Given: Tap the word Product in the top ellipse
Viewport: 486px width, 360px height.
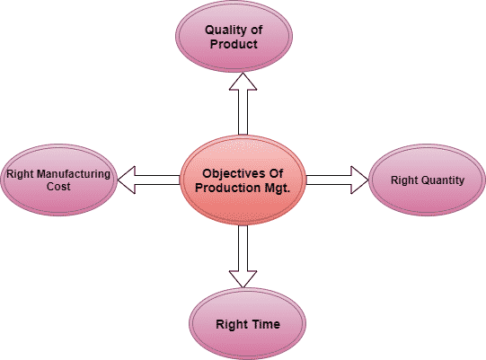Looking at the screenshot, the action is [234, 44].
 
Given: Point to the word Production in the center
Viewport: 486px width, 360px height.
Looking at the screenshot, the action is [223, 188].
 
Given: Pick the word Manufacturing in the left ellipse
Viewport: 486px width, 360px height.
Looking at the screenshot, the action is [73, 174].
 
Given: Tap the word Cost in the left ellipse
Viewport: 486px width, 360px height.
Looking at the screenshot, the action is [58, 186].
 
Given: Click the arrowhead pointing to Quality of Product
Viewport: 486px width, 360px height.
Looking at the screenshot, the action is [243, 82].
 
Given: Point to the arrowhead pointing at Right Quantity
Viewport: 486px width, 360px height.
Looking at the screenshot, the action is [359, 180].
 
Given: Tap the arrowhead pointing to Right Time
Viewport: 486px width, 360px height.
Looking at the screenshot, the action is [243, 279].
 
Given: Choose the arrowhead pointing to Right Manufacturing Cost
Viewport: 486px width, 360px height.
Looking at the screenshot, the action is [127, 180].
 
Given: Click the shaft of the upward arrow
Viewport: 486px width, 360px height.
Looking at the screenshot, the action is [243, 112].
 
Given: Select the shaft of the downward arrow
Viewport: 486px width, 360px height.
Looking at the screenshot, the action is [243, 248].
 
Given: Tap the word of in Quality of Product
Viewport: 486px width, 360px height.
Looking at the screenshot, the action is [256, 30].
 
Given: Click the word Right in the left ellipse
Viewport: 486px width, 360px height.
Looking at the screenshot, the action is [20, 174].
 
